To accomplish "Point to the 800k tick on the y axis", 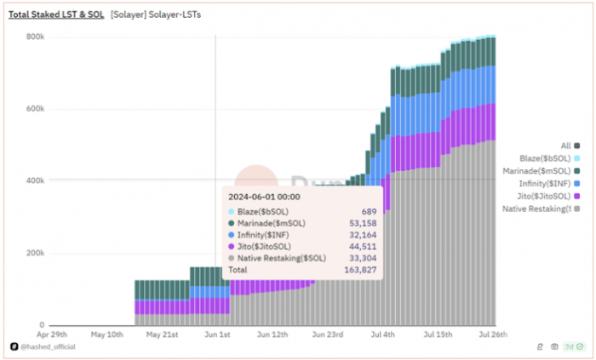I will [34, 37].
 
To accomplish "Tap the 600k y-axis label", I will [34, 109].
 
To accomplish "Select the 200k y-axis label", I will [34, 254].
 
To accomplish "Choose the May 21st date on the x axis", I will [162, 335].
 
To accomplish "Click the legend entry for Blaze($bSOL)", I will [549, 158].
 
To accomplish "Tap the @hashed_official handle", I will [51, 347].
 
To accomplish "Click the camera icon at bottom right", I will [555, 347].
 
